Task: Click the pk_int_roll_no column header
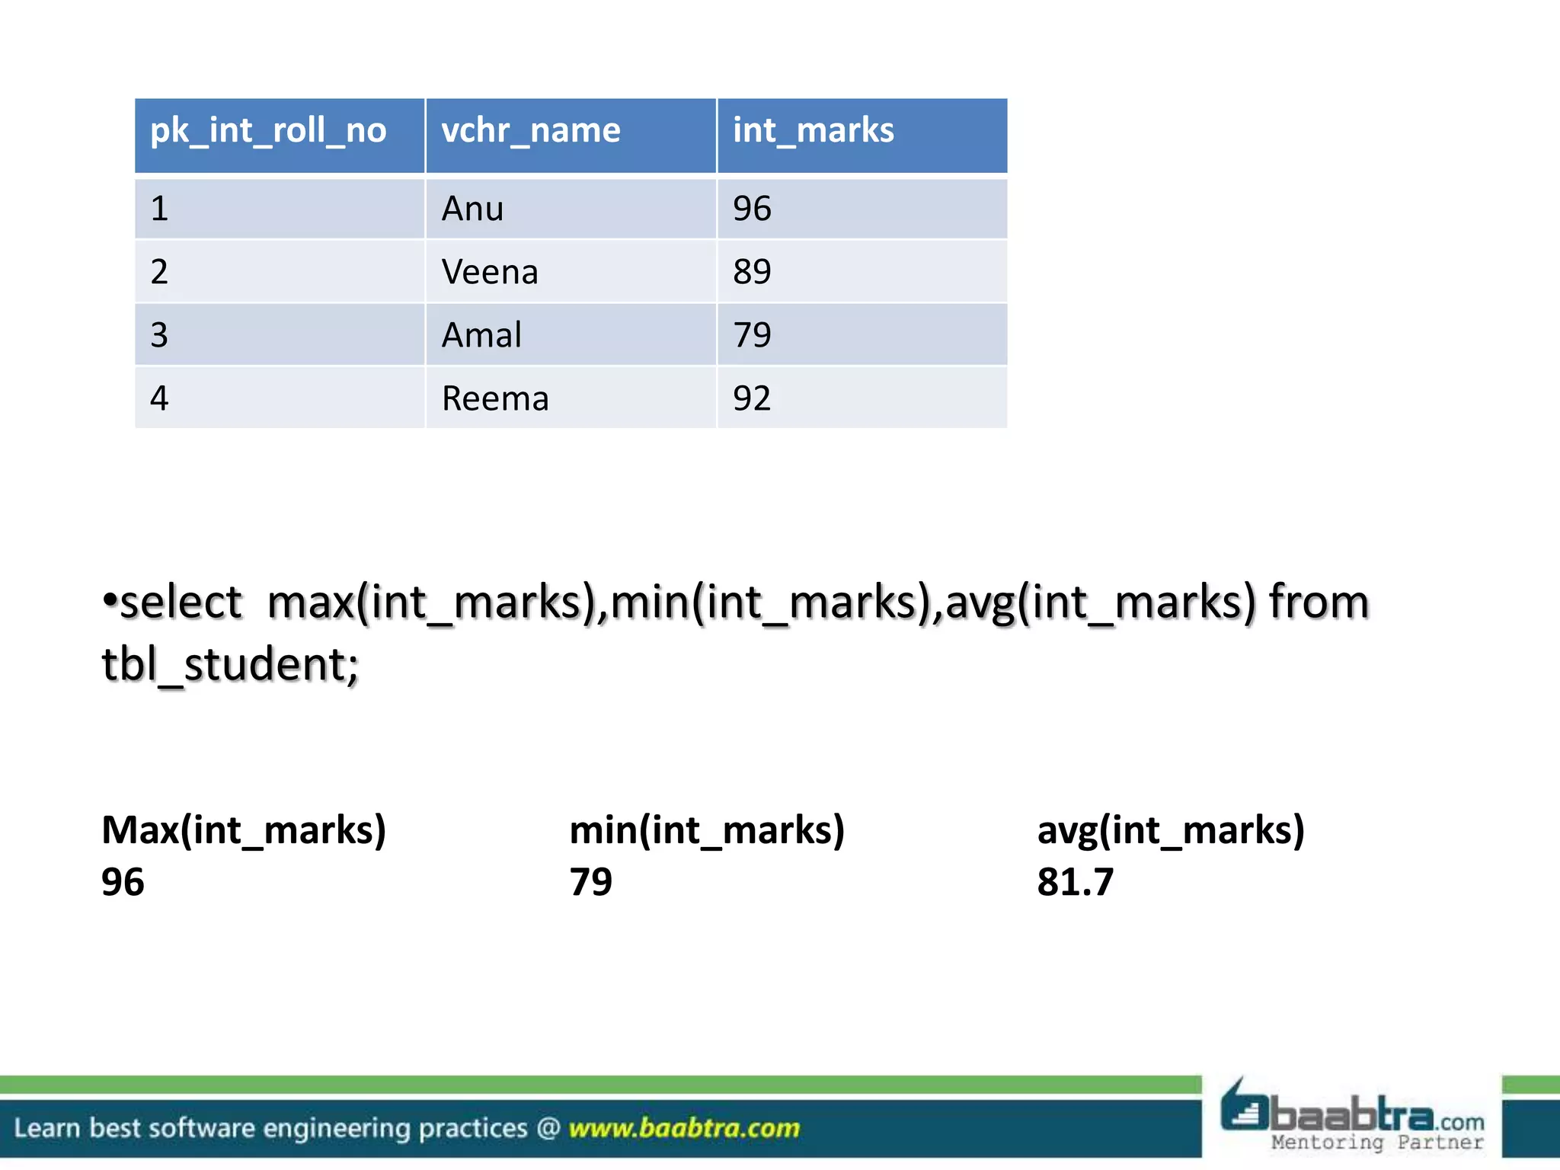click(268, 131)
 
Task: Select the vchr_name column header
click(531, 131)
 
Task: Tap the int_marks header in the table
click(813, 131)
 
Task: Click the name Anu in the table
click(472, 209)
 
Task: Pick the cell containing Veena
click(490, 272)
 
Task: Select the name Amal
click(481, 335)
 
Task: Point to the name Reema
click(495, 398)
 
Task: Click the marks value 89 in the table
click(752, 272)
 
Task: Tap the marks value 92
click(752, 398)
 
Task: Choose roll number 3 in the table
click(159, 335)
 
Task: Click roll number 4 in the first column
click(159, 398)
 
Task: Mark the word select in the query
click(181, 603)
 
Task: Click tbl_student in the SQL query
click(229, 665)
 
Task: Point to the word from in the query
click(1319, 603)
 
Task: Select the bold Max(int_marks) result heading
click(244, 830)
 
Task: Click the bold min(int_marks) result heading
click(707, 830)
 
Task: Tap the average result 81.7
click(1075, 882)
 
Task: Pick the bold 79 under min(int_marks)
click(590, 882)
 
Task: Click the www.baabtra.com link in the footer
click(684, 1128)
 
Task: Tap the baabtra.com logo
click(1352, 1117)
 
